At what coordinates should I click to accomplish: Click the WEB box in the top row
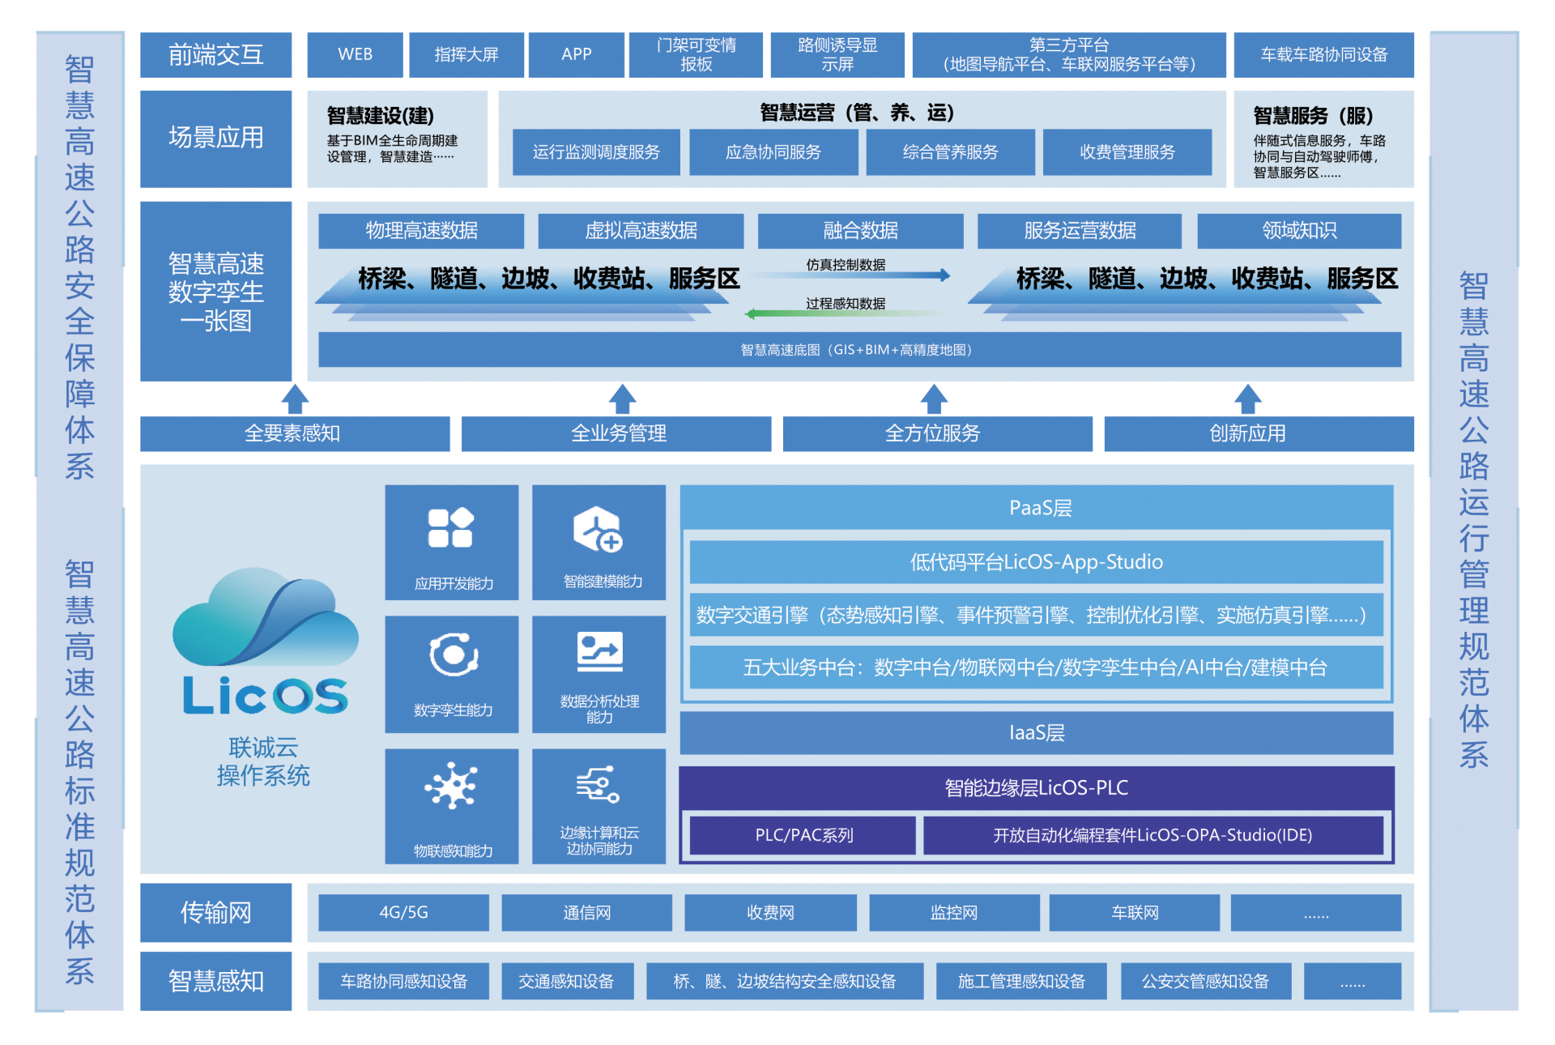coord(355,54)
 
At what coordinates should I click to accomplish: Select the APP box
coord(576,54)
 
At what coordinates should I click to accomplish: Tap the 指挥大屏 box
coord(466,54)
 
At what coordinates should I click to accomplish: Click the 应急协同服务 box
coord(773,152)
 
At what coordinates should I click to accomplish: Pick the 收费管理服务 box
coord(1127,152)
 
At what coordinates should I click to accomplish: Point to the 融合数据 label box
coord(860,231)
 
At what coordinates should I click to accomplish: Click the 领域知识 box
coord(1298,231)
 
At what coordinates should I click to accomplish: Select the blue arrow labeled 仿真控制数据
coord(858,275)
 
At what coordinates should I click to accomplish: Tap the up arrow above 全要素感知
coord(295,399)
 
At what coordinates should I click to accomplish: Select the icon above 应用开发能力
coord(450,528)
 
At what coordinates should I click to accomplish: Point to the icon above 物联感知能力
coord(451,786)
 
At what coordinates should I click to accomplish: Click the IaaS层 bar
coord(1036,733)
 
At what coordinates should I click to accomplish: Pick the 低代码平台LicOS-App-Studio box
coord(1036,562)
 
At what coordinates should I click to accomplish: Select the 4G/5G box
coord(403,913)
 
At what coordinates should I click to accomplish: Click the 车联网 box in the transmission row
coord(1134,913)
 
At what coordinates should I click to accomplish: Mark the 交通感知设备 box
coord(565,982)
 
